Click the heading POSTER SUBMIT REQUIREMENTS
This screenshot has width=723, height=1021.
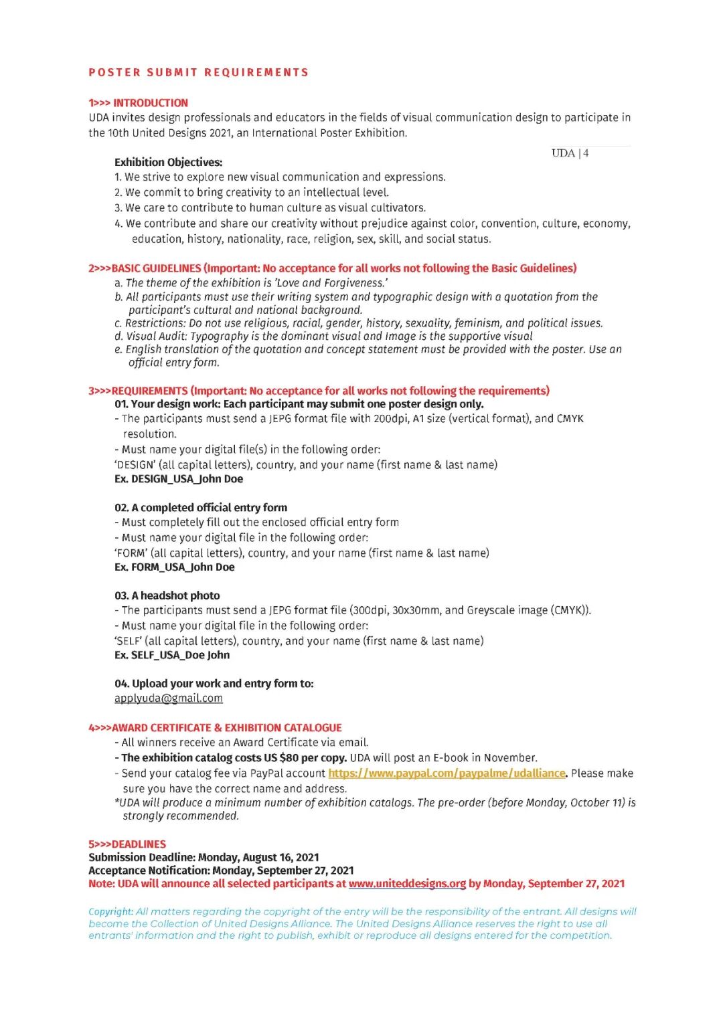(198, 72)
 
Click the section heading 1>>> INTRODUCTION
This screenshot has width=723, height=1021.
(138, 103)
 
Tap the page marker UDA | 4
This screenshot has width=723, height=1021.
(570, 153)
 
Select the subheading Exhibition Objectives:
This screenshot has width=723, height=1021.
(168, 162)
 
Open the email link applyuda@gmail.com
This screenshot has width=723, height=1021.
(168, 698)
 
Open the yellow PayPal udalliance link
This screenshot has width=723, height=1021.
(447, 773)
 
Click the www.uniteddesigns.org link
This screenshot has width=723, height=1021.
(407, 884)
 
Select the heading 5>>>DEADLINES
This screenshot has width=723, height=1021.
(127, 844)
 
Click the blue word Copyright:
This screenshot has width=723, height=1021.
(110, 911)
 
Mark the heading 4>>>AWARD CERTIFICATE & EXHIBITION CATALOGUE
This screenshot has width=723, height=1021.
(215, 728)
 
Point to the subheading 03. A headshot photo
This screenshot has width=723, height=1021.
(167, 595)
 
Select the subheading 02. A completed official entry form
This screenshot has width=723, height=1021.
(201, 508)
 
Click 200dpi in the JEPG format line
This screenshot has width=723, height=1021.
(391, 419)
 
